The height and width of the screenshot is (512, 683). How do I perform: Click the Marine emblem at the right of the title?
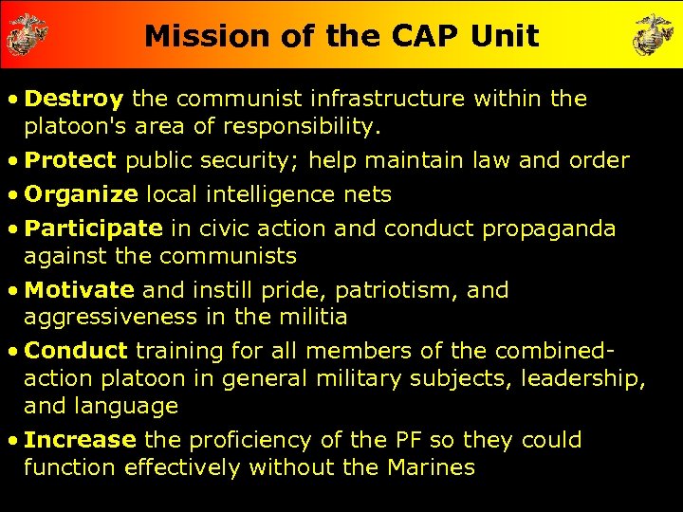[654, 35]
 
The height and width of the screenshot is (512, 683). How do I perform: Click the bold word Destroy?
[74, 99]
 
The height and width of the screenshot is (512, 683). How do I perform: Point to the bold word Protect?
[70, 160]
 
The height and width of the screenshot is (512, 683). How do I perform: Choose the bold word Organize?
[82, 194]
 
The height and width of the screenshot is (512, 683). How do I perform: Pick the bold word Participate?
[94, 229]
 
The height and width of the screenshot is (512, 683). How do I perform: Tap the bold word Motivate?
[80, 289]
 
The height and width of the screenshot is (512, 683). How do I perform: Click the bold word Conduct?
[76, 350]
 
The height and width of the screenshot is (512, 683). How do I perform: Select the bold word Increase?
[81, 440]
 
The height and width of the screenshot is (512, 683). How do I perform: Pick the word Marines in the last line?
[432, 467]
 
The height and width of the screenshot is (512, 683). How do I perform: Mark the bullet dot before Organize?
[13, 195]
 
